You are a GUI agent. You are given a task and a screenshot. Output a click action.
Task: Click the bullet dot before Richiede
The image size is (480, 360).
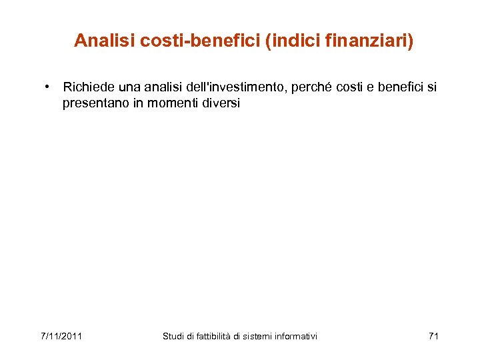[x=49, y=87]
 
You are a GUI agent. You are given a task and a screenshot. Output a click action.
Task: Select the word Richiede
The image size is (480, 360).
[x=87, y=87]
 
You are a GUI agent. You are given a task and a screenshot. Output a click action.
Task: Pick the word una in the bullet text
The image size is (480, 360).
[x=128, y=87]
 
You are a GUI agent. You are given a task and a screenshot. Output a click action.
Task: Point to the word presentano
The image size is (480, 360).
[x=93, y=103]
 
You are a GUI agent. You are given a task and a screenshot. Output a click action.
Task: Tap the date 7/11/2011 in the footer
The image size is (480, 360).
[x=61, y=336]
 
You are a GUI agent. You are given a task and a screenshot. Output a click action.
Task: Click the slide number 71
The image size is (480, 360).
[x=433, y=336]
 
